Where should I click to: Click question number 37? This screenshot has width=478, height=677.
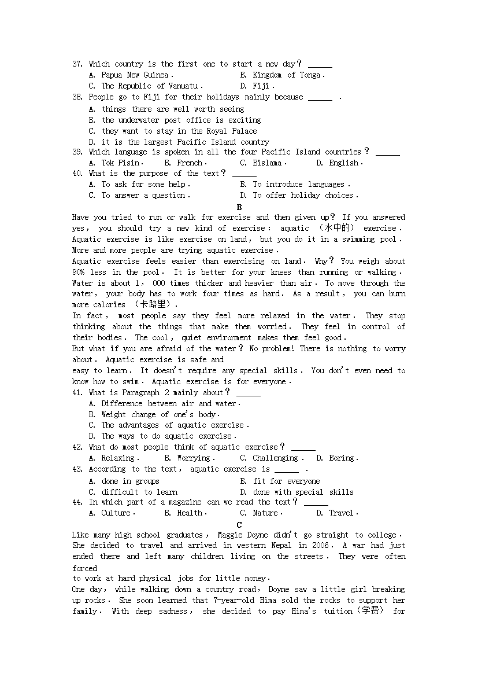coord(77,64)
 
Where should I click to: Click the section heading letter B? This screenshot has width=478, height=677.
coord(239,207)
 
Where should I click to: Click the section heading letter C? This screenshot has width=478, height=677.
coord(239,525)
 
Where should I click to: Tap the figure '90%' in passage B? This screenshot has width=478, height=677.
coord(79,272)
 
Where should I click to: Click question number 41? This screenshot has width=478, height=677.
coord(77,392)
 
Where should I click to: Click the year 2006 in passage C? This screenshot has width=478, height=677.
coord(320,546)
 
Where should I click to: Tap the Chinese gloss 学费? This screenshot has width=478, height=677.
coord(370,611)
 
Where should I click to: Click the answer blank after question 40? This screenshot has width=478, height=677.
coord(244,174)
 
